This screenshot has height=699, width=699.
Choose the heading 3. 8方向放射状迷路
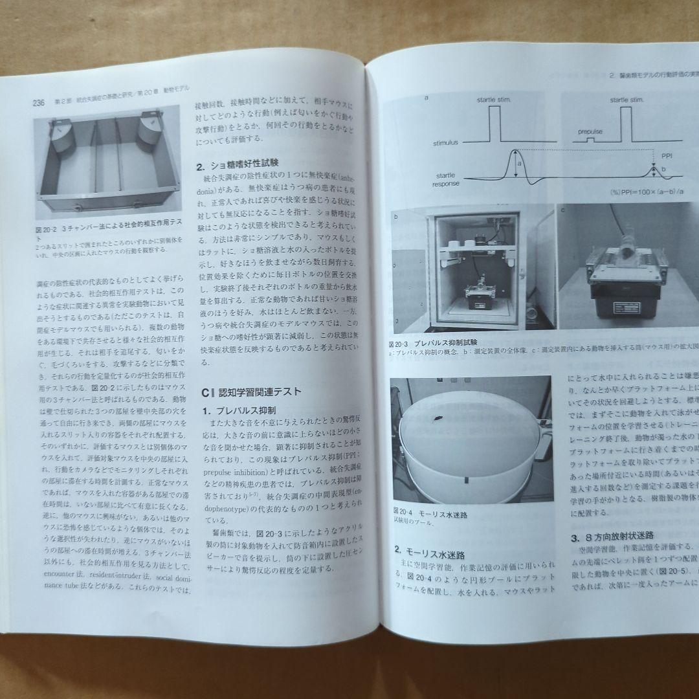pos(612,537)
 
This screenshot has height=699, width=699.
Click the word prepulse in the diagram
pos(590,131)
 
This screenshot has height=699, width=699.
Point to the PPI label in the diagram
pos(666,155)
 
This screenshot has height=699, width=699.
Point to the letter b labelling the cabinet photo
pos(395,216)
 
